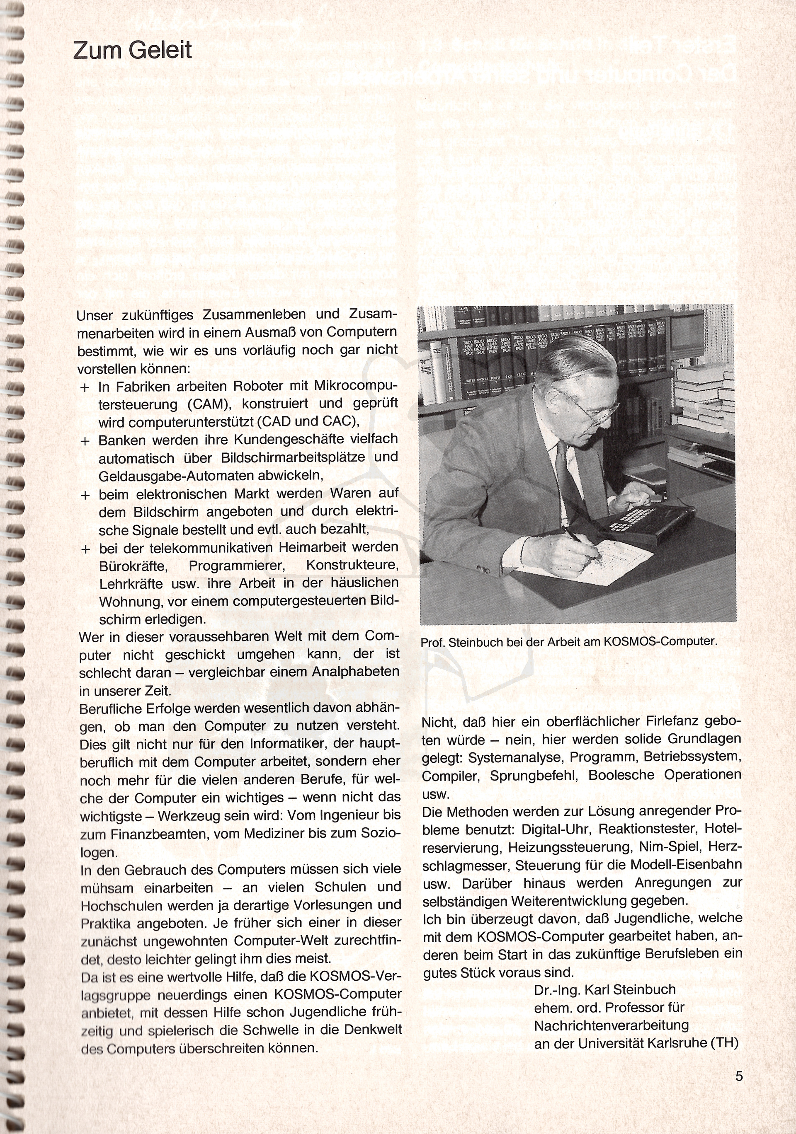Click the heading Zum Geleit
(132, 51)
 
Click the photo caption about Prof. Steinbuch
(568, 642)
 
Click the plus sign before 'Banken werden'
(85, 440)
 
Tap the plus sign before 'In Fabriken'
(85, 387)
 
